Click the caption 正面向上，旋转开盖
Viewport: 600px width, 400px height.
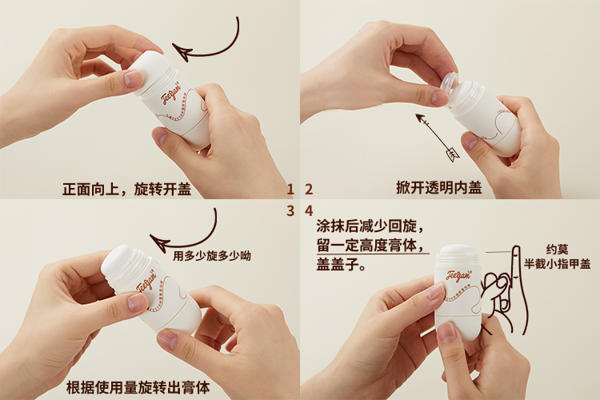(x=126, y=190)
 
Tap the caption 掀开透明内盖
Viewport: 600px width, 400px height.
(x=438, y=188)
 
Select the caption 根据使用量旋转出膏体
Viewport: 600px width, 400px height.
(x=138, y=387)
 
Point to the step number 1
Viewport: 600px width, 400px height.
(x=290, y=189)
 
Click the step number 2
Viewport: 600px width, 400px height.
(x=308, y=189)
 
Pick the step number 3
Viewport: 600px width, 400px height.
(x=290, y=211)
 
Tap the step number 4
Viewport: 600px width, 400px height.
(x=308, y=211)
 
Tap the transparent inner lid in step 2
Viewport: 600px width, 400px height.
(x=449, y=82)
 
